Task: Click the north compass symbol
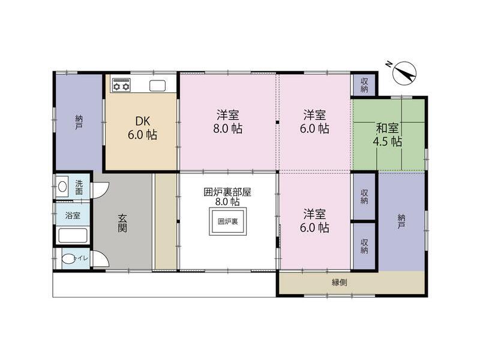(x=404, y=74)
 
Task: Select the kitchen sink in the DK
(x=157, y=85)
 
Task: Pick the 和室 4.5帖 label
(x=388, y=135)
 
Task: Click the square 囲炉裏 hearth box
(x=227, y=221)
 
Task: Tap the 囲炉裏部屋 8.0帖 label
(x=227, y=197)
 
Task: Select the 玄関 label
(x=122, y=224)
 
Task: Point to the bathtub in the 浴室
(x=73, y=235)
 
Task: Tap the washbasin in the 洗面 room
(x=62, y=187)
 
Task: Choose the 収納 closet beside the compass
(x=364, y=85)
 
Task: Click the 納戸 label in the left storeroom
(x=79, y=122)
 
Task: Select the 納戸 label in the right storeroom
(x=401, y=222)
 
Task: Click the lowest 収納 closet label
(x=364, y=245)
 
